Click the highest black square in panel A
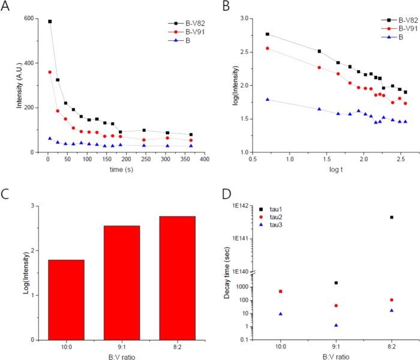(50, 22)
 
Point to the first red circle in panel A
(50, 72)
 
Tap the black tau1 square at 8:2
(391, 217)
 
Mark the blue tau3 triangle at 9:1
(336, 325)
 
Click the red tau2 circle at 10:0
(280, 291)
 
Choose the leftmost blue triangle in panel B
(267, 100)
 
